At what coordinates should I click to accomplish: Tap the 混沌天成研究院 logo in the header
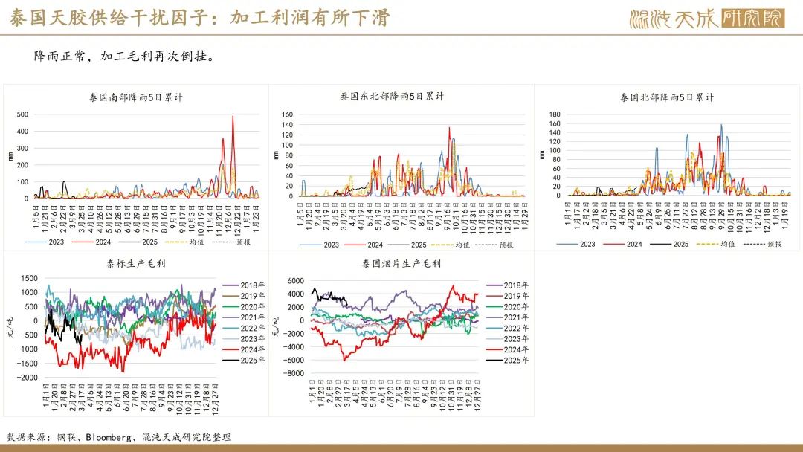(x=706, y=18)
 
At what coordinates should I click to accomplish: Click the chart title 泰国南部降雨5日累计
(x=136, y=97)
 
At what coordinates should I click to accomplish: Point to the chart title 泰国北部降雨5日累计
(x=667, y=97)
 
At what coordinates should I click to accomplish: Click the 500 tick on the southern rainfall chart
(x=22, y=114)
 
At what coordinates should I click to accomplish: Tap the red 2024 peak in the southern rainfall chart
(x=233, y=117)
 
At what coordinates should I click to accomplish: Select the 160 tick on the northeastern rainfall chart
(x=288, y=115)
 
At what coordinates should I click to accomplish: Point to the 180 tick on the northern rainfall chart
(x=555, y=114)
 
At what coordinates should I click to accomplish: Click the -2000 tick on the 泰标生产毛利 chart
(x=27, y=378)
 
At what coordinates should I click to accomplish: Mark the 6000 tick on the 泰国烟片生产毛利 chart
(x=295, y=280)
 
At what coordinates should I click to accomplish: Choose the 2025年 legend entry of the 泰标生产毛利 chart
(x=248, y=360)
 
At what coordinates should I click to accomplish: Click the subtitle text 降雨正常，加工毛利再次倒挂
(x=123, y=56)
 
